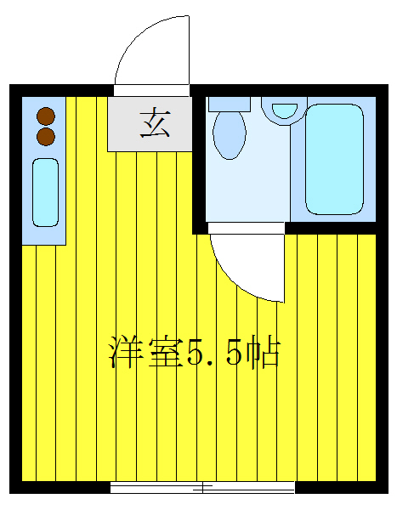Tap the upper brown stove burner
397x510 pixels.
(x=46, y=116)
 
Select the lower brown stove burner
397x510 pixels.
(x=46, y=135)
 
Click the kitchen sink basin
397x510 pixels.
(x=46, y=192)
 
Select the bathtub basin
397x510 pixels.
(x=334, y=159)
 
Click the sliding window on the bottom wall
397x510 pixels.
(x=202, y=487)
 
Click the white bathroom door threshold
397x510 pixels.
(x=247, y=228)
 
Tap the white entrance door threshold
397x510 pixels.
(x=150, y=90)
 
